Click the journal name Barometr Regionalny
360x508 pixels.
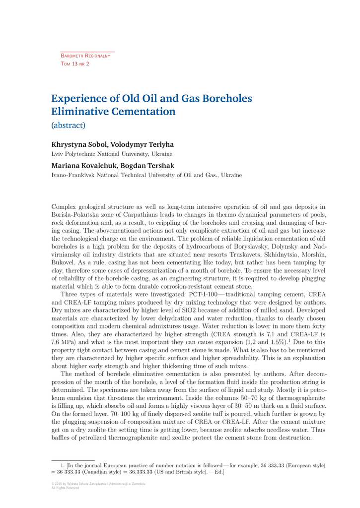click(85, 56)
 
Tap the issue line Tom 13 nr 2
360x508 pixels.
click(75, 64)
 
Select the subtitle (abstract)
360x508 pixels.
click(69, 125)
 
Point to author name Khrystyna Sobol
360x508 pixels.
click(78, 145)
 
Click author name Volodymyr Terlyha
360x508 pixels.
click(142, 145)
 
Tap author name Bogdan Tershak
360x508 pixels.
click(148, 166)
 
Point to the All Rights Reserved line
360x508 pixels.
click(65, 488)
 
